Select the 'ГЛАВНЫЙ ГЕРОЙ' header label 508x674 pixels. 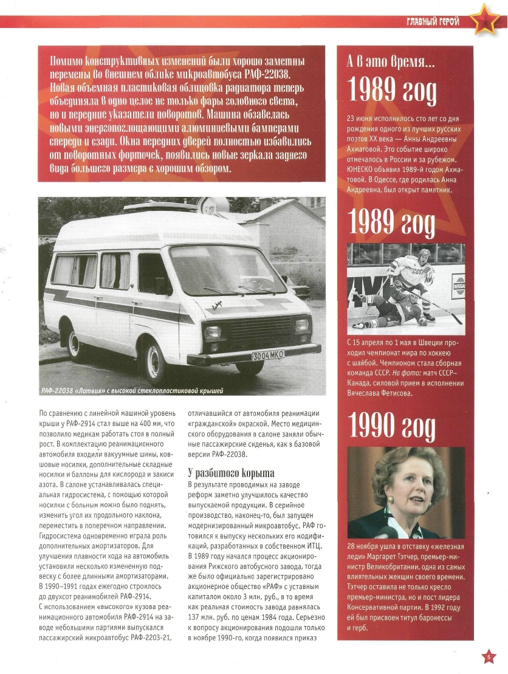pyautogui.click(x=433, y=22)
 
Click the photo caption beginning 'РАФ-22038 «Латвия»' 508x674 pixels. pyautogui.click(x=136, y=390)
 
